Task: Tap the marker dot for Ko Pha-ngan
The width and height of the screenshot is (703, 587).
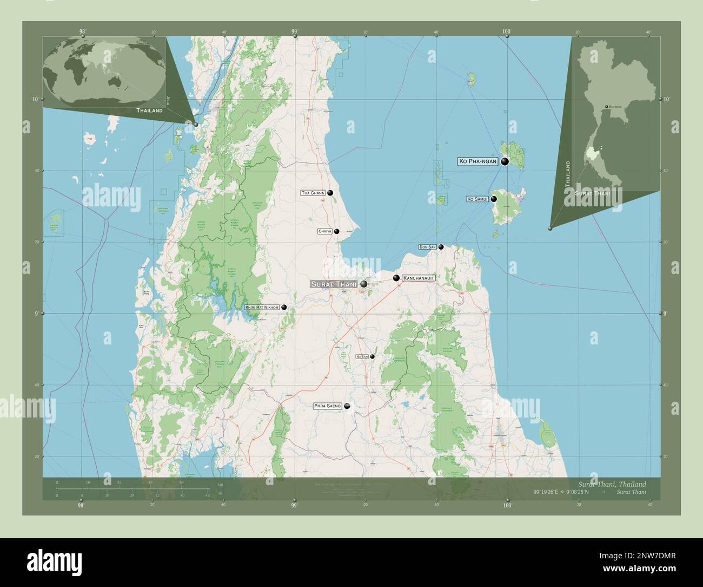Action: click(505, 161)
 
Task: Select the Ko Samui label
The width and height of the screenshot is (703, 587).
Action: click(477, 199)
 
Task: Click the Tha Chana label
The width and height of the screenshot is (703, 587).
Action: click(313, 193)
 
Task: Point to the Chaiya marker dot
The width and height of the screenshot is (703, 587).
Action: click(336, 231)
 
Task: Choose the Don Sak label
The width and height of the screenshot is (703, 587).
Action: click(427, 247)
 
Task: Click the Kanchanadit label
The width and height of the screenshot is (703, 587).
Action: click(419, 278)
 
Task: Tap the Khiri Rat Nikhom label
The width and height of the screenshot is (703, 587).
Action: click(262, 307)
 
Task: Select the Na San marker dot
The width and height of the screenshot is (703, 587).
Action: click(372, 356)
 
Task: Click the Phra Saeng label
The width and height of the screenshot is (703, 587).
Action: click(328, 406)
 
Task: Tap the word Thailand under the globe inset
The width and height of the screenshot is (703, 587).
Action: click(149, 110)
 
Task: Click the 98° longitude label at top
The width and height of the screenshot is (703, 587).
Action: click(82, 32)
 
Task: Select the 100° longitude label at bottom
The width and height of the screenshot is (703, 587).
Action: click(507, 505)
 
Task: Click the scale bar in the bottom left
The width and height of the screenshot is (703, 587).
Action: click(133, 488)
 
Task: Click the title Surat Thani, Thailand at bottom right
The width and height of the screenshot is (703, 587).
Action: click(611, 484)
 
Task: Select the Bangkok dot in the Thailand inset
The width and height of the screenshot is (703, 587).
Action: click(606, 106)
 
